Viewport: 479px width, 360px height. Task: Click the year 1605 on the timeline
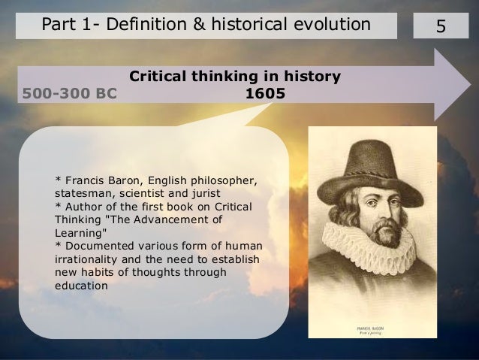click(x=265, y=95)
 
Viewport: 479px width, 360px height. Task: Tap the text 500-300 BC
click(x=70, y=95)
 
